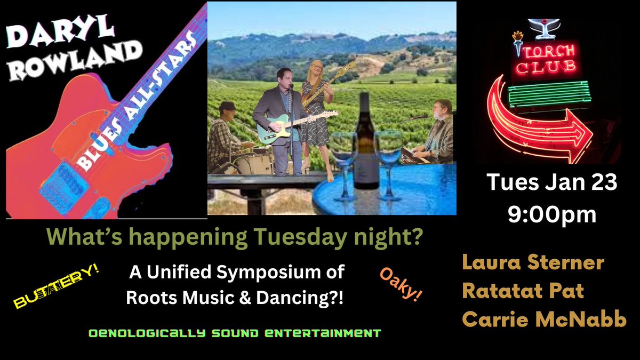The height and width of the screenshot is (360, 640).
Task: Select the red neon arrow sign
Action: pos(539,123)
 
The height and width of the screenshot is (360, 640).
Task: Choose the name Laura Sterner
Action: pos(533,263)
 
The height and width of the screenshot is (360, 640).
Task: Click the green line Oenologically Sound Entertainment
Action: pos(235,333)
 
